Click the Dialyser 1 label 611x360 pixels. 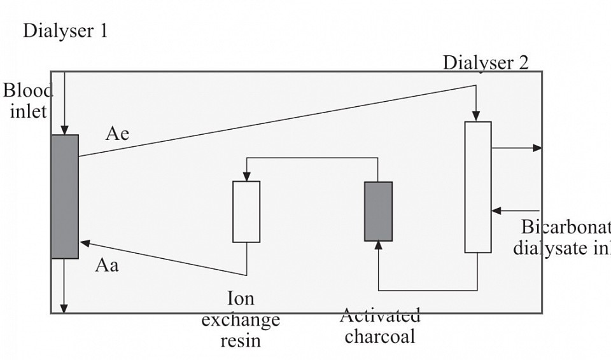(65, 31)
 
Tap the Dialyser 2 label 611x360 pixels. (485, 62)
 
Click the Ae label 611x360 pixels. (117, 134)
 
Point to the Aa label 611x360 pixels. (107, 265)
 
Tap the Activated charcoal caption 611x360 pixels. (380, 326)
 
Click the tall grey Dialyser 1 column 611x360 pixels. (65, 196)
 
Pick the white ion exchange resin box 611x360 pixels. (246, 211)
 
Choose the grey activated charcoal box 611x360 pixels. (378, 211)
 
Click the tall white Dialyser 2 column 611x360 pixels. (478, 186)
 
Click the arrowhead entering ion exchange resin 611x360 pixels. (246, 176)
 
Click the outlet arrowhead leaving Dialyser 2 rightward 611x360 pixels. (538, 148)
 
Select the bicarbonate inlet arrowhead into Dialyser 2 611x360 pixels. (496, 211)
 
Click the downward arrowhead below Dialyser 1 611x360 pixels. (64, 308)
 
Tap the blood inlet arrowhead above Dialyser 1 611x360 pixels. (64, 130)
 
